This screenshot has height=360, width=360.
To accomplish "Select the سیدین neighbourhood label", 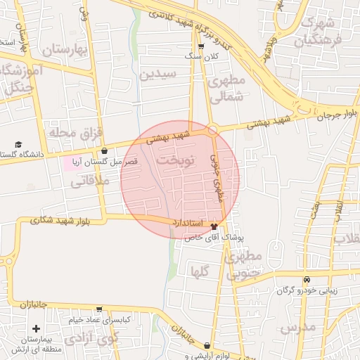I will [154, 75].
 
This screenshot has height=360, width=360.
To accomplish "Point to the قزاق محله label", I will [66, 132].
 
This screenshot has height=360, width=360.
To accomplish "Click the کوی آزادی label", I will [91, 339].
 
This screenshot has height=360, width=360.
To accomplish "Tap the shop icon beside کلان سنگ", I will [202, 46].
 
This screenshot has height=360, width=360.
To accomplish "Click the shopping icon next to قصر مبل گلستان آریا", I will [105, 150].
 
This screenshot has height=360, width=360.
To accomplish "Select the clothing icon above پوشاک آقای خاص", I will [214, 227].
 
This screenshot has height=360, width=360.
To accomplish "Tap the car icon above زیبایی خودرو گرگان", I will [306, 279].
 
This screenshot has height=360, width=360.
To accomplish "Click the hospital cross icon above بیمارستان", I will [36, 328].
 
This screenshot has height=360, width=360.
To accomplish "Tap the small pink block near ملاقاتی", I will [72, 163].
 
